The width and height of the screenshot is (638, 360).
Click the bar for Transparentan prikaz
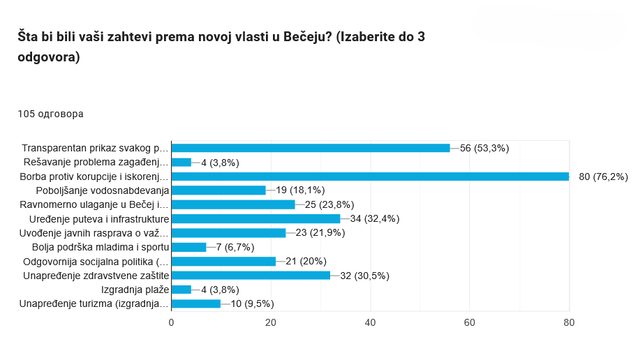pyautogui.click(x=311, y=148)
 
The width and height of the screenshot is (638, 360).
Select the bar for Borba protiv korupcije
pyautogui.click(x=370, y=176)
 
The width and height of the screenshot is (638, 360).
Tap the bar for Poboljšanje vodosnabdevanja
pyautogui.click(x=218, y=190)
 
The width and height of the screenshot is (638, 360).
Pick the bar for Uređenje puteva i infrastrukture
pyautogui.click(x=255, y=218)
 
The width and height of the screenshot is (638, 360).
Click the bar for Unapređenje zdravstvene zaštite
pyautogui.click(x=251, y=275)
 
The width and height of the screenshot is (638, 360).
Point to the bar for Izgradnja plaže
pyautogui.click(x=181, y=290)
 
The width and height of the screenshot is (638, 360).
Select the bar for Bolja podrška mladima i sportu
pyautogui.click(x=188, y=247)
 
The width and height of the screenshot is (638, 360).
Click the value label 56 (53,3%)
pyautogui.click(x=484, y=148)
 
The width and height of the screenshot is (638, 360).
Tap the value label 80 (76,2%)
pyautogui.click(x=604, y=176)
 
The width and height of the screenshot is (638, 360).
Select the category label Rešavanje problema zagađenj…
pyautogui.click(x=96, y=162)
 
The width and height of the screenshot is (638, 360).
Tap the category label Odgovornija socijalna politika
pyautogui.click(x=96, y=261)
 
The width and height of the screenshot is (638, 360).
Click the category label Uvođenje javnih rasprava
pyautogui.click(x=94, y=232)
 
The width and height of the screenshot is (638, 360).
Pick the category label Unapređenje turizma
pyautogui.click(x=94, y=303)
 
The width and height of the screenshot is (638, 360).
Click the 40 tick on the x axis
pyautogui.click(x=370, y=322)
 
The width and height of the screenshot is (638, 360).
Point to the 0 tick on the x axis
pyautogui.click(x=172, y=322)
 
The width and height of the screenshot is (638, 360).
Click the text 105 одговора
pyautogui.click(x=50, y=114)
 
